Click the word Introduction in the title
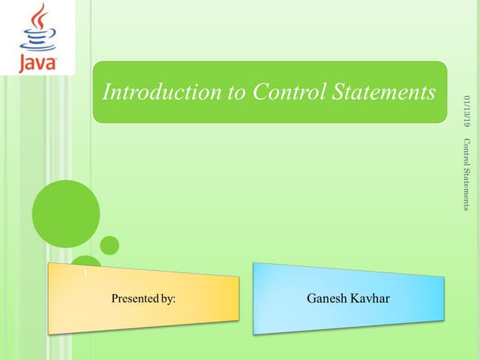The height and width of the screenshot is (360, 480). [153, 92]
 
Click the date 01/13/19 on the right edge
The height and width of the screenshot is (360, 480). [466, 112]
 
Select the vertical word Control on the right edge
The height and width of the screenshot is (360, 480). [466, 151]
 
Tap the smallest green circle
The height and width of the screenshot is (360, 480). [109, 245]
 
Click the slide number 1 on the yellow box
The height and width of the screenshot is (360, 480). [85, 274]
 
